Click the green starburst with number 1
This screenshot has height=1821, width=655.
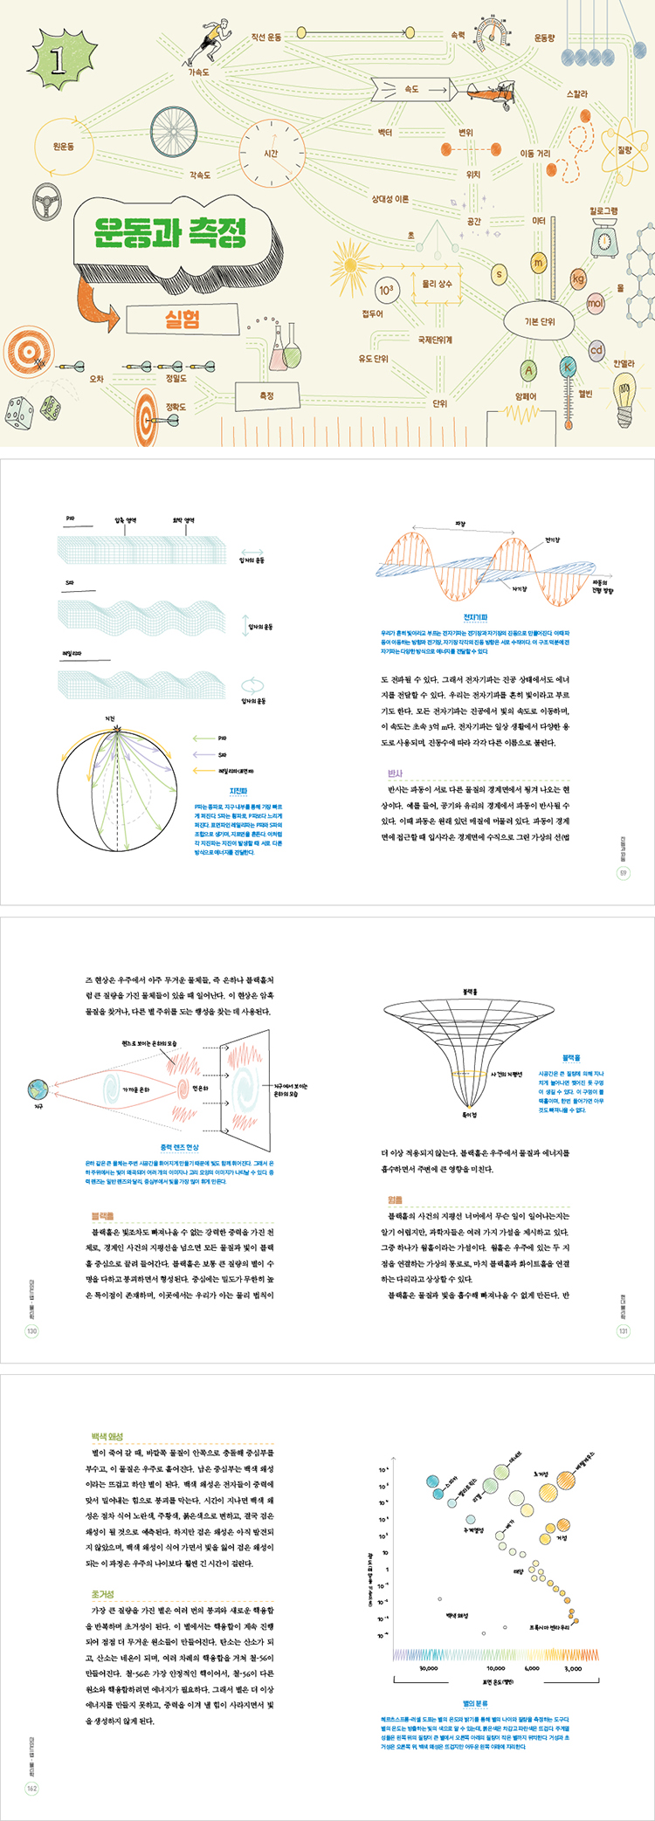pos(59,60)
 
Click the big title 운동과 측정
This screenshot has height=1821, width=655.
pos(171,232)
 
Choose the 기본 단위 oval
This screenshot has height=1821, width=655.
pos(539,321)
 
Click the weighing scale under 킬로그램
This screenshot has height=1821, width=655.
pos(603,238)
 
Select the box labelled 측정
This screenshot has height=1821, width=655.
pos(266,395)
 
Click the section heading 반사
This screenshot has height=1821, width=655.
pos(395,773)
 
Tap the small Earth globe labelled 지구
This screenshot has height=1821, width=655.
pos(38,1089)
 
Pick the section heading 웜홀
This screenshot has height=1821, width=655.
pos(395,1200)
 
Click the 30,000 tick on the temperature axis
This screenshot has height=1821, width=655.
pos(428,1668)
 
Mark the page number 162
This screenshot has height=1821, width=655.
pos(31,1789)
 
